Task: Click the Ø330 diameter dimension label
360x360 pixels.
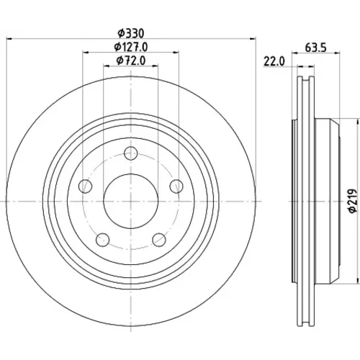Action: [131, 33]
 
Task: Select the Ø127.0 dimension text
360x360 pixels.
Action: [131, 47]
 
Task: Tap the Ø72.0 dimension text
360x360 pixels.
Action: [131, 60]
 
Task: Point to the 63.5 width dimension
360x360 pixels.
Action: [315, 48]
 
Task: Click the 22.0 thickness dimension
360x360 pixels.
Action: [274, 61]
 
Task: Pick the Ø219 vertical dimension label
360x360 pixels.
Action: [352, 201]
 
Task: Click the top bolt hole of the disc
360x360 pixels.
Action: [131, 153]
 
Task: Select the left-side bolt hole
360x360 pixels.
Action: [86, 186]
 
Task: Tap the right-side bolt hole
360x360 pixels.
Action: [176, 186]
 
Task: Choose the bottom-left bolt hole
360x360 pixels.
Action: [103, 240]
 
